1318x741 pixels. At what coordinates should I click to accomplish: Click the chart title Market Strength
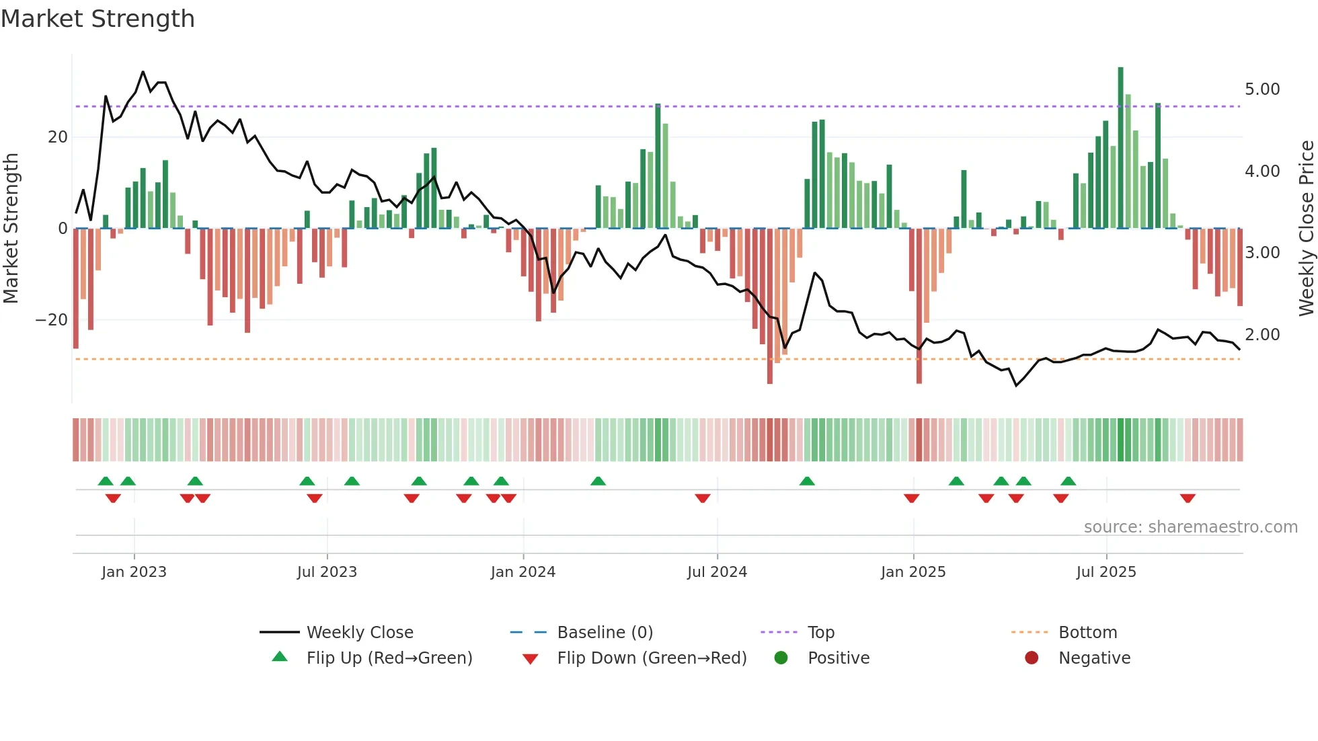[x=98, y=19]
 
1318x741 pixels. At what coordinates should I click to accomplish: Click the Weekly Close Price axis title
[x=1306, y=228]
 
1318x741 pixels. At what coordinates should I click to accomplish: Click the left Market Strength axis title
[x=11, y=228]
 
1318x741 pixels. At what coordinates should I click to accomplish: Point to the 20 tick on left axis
[x=58, y=137]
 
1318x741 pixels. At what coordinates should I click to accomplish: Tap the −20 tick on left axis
[x=52, y=320]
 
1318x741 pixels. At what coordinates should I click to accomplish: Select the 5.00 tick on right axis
[x=1262, y=89]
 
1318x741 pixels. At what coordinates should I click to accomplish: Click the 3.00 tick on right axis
[x=1262, y=253]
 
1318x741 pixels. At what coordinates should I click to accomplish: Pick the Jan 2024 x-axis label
[x=523, y=572]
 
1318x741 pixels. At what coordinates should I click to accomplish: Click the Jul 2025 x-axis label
[x=1106, y=572]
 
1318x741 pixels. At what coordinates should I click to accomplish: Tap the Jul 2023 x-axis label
[x=327, y=572]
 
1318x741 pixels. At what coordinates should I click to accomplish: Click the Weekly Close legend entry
[x=360, y=633]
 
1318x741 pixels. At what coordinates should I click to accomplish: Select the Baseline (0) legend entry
[x=605, y=633]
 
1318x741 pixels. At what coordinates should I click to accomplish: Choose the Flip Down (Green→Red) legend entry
[x=652, y=658]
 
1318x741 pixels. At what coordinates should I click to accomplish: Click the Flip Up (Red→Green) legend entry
[x=389, y=658]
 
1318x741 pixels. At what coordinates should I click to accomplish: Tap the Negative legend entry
[x=1094, y=658]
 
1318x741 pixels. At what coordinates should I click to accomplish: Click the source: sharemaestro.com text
[x=1190, y=527]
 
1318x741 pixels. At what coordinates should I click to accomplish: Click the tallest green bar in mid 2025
[x=1121, y=148]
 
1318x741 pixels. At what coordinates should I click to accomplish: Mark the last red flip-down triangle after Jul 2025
[x=1188, y=498]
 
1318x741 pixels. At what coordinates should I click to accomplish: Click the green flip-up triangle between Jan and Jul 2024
[x=598, y=481]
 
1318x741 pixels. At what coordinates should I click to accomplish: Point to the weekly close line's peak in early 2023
[x=143, y=72]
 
